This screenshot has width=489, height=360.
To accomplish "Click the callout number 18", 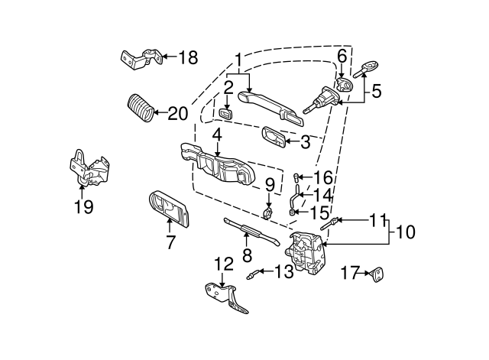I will pos(188,57).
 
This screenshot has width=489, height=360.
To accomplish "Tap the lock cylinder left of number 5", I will pos(322,100).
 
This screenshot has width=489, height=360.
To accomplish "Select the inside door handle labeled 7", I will pos(170,206).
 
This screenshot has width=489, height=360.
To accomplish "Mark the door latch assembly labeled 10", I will pos(309,255).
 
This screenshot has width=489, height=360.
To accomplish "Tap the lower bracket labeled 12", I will pos(227,296).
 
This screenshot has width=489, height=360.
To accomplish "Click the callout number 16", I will pos(324,177).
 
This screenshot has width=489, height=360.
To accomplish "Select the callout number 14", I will pos(323,195).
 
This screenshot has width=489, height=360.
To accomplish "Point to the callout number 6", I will pos(342,56).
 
